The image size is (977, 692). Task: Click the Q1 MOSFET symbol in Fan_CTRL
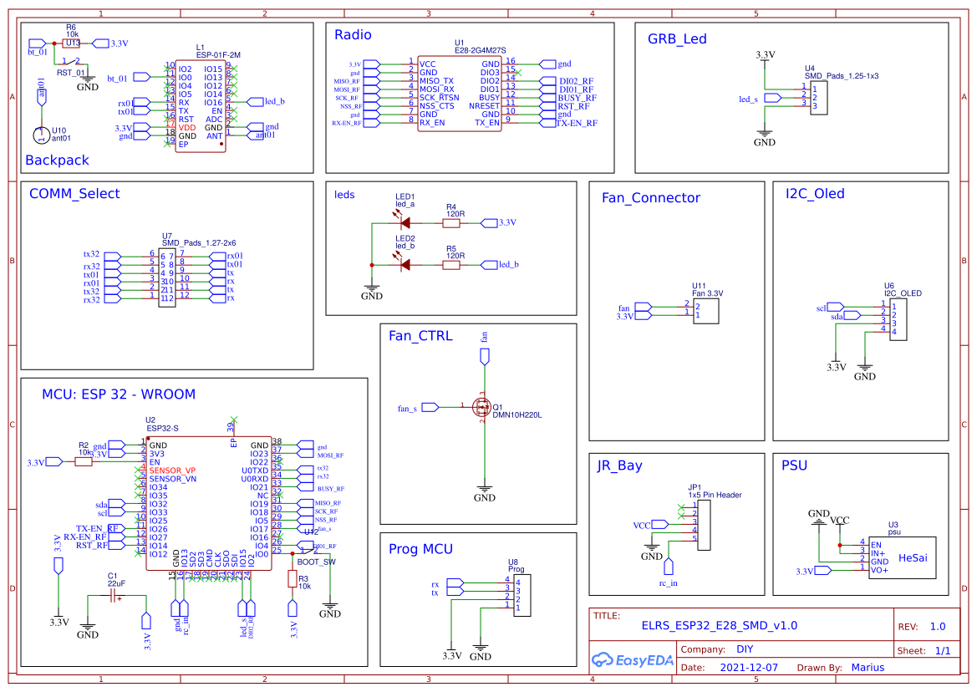[x=483, y=407]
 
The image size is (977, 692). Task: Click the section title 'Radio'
[x=353, y=35]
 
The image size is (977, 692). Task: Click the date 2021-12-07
[x=749, y=668]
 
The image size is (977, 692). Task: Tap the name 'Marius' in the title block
[x=868, y=668]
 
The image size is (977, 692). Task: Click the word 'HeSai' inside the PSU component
[x=913, y=557]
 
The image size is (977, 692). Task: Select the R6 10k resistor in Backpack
[x=72, y=43]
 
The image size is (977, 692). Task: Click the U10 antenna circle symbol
[x=39, y=134]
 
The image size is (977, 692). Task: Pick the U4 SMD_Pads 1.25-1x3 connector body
[x=818, y=97]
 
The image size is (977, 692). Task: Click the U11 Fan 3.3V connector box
[x=707, y=308]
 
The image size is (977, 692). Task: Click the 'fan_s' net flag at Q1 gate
[x=430, y=407]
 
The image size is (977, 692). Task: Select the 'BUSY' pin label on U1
[x=489, y=98]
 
